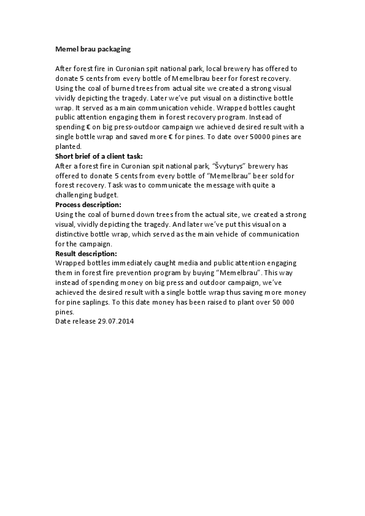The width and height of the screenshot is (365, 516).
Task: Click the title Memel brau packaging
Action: pyautogui.click(x=93, y=48)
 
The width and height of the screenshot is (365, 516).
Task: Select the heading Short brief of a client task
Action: pyautogui.click(x=98, y=156)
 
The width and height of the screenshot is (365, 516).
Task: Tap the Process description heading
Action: pyautogui.click(x=88, y=204)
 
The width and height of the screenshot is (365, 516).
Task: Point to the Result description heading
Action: pyautogui.click(x=86, y=252)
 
